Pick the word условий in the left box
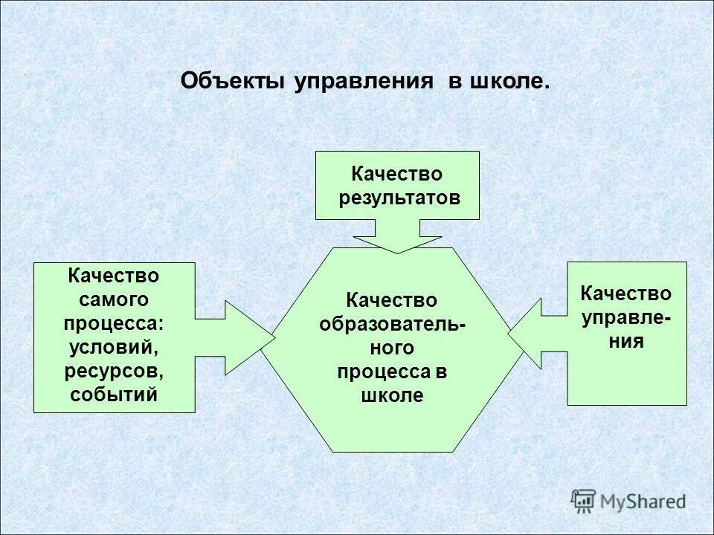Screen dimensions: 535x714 point(115,347)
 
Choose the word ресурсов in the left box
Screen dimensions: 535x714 point(115,370)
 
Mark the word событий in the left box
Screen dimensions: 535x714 point(115,394)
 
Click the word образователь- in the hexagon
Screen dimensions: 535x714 point(393,324)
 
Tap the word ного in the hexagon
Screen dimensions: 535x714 point(392,348)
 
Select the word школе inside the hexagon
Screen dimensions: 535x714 point(392,395)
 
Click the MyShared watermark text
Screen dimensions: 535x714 point(643,502)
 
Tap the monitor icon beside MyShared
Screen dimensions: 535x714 point(583,500)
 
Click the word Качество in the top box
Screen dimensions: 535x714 point(397,174)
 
